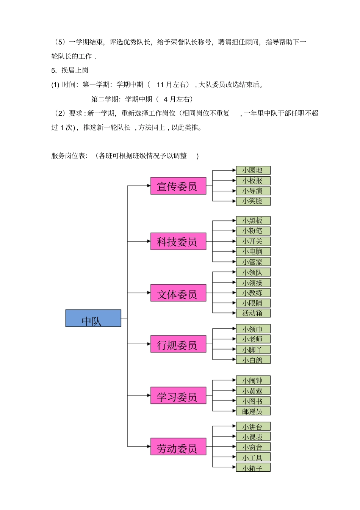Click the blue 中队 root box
pos(93,318)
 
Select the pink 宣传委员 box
pos(178,186)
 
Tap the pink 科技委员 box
pos(178,241)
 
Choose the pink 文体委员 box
pos(178,293)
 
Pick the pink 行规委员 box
pos(178,344)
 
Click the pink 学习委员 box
pos(178,395)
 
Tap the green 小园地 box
pos(253,170)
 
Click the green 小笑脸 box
pos(253,201)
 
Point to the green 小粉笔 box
pos(253,231)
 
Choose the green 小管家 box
pos(253,262)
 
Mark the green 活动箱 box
pos(253,313)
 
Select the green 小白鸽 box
pos(253,359)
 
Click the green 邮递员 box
pos(253,411)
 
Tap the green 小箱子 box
pos(253,468)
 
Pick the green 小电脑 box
pos(253,251)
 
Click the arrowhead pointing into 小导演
pos(234,191)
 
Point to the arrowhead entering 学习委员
pos(149,395)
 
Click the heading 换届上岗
pos(75,70)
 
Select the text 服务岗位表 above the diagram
pos(69,156)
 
